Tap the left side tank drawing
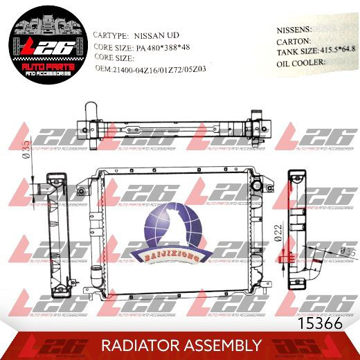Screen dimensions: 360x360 point(56,228)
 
